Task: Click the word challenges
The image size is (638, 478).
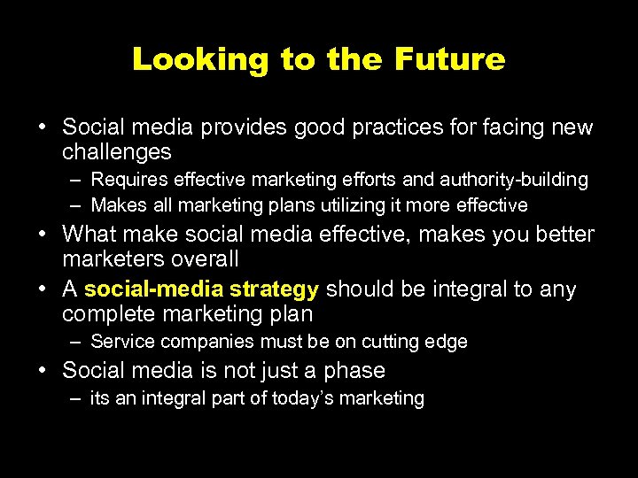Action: click(116, 152)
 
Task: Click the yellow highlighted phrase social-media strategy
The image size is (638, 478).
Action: click(201, 289)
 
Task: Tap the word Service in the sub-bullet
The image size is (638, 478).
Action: click(120, 342)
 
